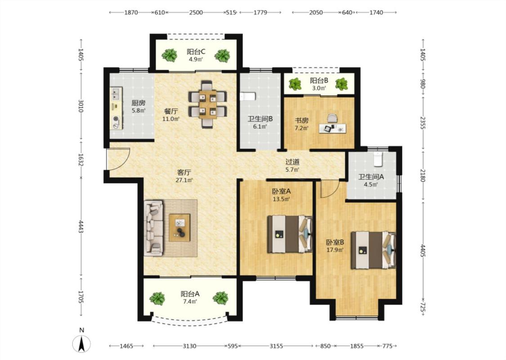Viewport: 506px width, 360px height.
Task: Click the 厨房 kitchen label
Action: pos(138,103)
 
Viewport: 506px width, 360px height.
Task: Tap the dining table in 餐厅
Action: pos(208,104)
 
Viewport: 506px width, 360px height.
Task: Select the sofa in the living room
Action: pos(153,228)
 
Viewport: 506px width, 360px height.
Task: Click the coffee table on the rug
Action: pos(180,227)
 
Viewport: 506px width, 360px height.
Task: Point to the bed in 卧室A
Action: pos(290,234)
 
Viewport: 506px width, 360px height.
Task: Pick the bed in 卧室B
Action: pos(374,250)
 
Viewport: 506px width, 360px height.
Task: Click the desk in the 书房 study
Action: pos(332,128)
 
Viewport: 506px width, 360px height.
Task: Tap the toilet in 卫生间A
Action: pos(378,159)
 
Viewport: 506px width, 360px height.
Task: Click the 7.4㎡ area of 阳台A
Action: pos(190,302)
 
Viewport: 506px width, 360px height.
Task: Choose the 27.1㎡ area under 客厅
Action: pos(184,180)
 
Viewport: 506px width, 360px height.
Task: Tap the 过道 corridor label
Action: pos(292,162)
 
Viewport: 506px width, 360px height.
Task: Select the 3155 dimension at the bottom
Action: pos(276,346)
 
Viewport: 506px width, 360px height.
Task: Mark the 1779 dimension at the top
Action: pos(260,13)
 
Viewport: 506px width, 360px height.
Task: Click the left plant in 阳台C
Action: pos(170,55)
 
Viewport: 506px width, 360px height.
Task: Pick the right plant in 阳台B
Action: pos(341,84)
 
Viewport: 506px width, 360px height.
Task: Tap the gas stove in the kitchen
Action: pos(116,121)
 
